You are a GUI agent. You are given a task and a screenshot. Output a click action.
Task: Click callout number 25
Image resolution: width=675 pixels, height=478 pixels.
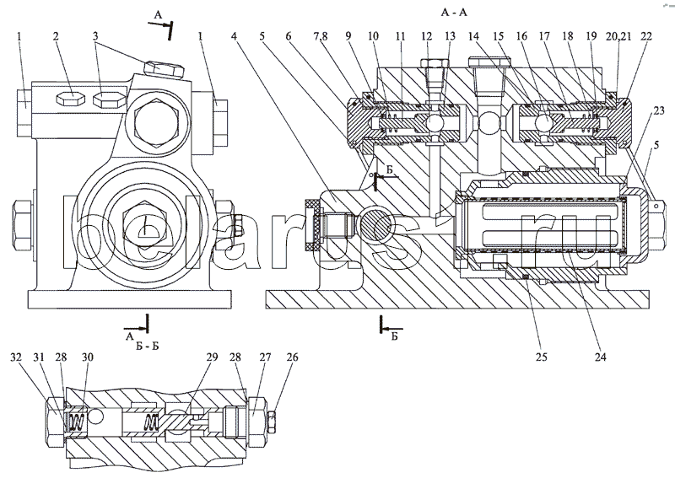[541, 356]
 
